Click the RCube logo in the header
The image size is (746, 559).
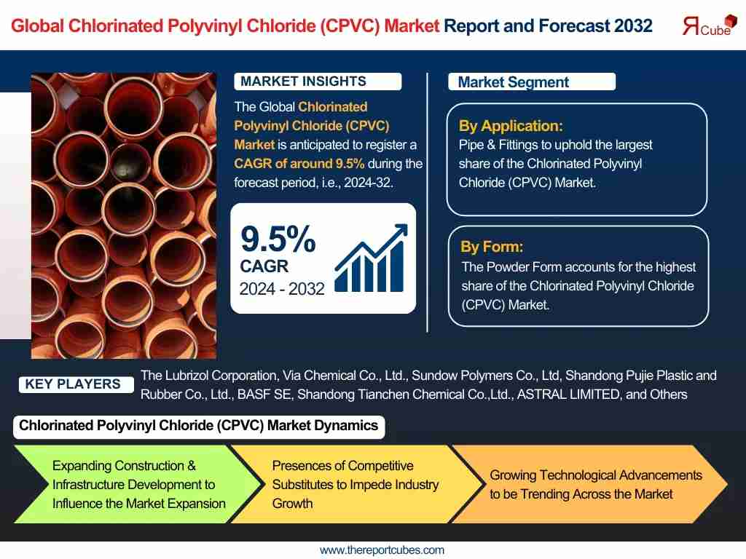pyautogui.click(x=710, y=25)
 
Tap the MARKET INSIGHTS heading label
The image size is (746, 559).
pyautogui.click(x=318, y=82)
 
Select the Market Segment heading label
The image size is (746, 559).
pyautogui.click(x=531, y=82)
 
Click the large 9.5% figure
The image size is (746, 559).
pyautogui.click(x=278, y=239)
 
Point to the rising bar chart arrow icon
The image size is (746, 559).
pyautogui.click(x=371, y=258)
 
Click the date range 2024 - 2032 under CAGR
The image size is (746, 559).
pyautogui.click(x=282, y=289)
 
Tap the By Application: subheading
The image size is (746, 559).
pyautogui.click(x=511, y=126)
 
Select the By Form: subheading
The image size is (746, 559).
pyautogui.click(x=492, y=247)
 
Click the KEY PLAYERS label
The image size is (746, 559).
pyautogui.click(x=73, y=384)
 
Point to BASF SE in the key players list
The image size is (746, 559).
pyautogui.click(x=264, y=395)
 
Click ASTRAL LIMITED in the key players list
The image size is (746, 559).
pyautogui.click(x=568, y=395)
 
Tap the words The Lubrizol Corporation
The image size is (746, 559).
pyautogui.click(x=208, y=376)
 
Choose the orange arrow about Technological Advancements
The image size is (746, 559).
pyautogui.click(x=589, y=484)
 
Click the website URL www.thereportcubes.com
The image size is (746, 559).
pyautogui.click(x=382, y=550)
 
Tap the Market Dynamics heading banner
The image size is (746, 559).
pyautogui.click(x=199, y=426)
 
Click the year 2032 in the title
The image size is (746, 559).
pyautogui.click(x=633, y=25)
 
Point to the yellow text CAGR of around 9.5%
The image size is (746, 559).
pyautogui.click(x=299, y=164)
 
